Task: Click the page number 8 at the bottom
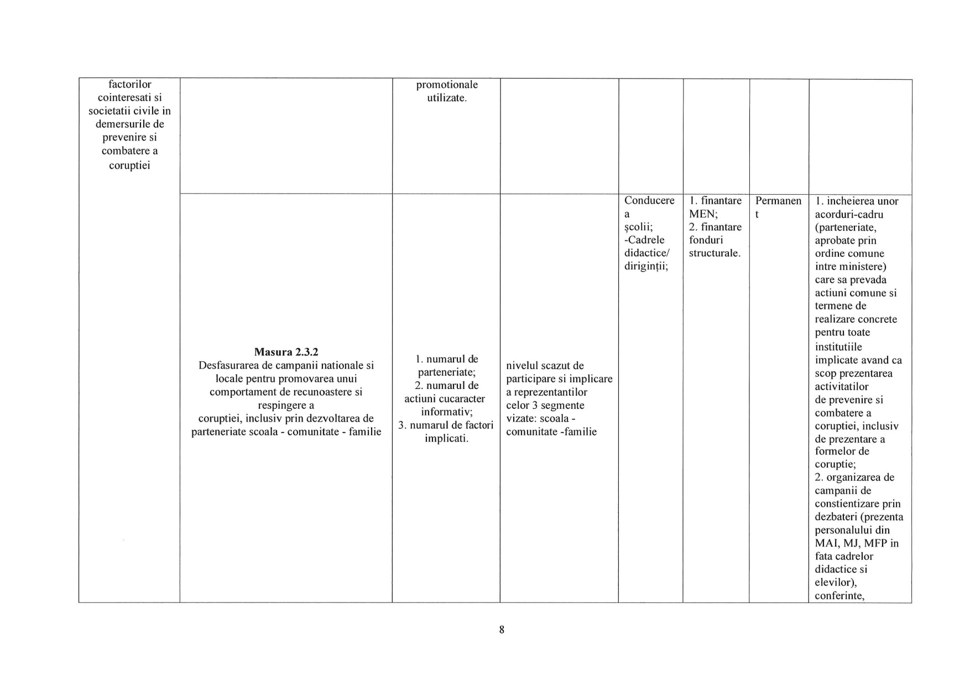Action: [x=502, y=630]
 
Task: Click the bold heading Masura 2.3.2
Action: [x=286, y=352]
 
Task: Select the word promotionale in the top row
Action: [x=447, y=85]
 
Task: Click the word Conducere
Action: [x=649, y=201]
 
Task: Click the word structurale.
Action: [x=715, y=253]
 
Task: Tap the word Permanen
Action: [x=778, y=201]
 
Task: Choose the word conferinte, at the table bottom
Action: [x=839, y=596]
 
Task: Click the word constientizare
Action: [x=850, y=504]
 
